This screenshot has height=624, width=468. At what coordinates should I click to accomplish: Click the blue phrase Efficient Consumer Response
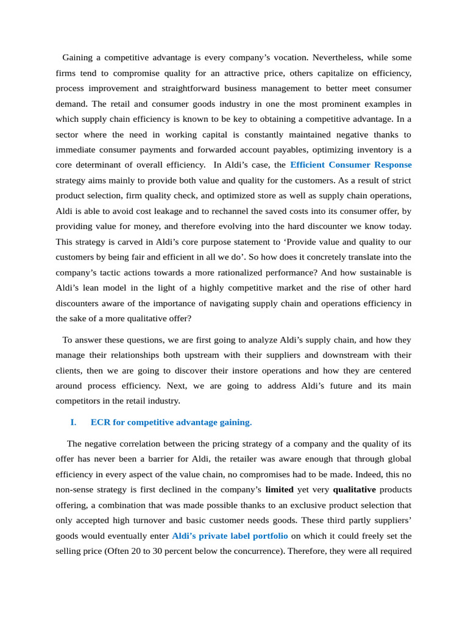(x=351, y=165)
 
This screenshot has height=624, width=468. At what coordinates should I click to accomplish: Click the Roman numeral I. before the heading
(x=73, y=422)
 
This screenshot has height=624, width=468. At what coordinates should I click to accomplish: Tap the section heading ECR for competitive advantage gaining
(x=170, y=422)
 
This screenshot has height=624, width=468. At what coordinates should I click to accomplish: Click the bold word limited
(x=279, y=489)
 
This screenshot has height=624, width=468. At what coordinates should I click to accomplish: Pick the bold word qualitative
(x=354, y=489)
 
